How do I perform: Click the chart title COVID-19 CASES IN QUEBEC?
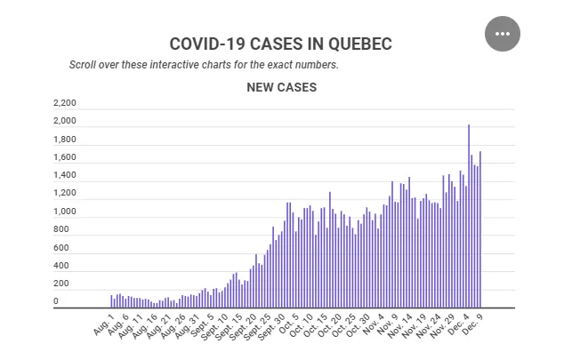(x=280, y=44)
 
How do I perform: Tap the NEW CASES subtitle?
(x=282, y=87)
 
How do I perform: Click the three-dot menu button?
(x=503, y=34)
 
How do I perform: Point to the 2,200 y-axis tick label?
(x=65, y=103)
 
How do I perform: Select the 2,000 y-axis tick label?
(x=65, y=121)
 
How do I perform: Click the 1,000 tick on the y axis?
(x=65, y=212)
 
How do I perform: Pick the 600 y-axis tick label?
(x=61, y=247)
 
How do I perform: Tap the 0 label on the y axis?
(x=56, y=301)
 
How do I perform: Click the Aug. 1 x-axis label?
(x=103, y=324)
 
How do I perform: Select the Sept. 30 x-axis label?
(x=271, y=326)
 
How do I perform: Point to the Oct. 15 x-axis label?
(x=316, y=325)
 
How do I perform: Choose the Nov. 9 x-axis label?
(x=387, y=324)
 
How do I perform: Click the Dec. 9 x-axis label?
(x=471, y=324)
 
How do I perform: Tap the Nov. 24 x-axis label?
(x=429, y=325)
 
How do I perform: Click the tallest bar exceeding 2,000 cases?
(x=469, y=216)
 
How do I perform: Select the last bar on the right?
(x=480, y=229)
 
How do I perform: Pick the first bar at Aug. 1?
(x=111, y=301)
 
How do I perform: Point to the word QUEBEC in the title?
(x=360, y=44)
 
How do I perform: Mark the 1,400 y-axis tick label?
(x=65, y=175)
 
